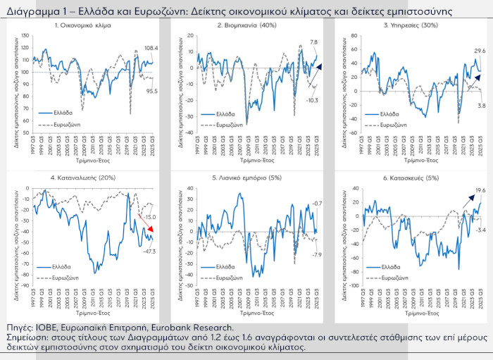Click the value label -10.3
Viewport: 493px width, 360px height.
313,101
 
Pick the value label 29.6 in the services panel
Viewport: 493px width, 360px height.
480,51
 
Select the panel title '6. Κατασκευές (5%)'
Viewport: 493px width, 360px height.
411,178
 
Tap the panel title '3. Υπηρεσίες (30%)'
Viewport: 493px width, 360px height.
411,25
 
